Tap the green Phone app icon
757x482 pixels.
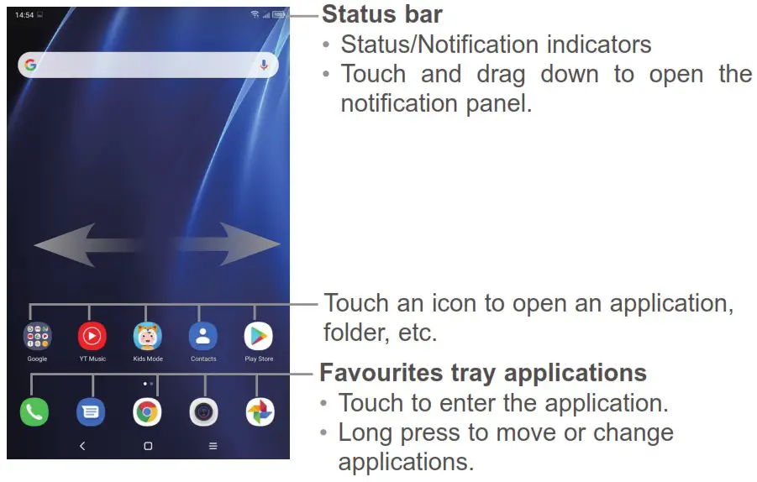pos(34,412)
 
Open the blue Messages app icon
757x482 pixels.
pos(91,412)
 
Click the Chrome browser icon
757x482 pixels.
pos(147,412)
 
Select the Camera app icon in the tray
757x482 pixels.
pos(203,412)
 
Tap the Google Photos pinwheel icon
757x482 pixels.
pos(260,412)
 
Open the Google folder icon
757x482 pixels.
pos(37,336)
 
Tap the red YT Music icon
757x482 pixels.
pos(92,336)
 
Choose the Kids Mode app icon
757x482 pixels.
pos(148,336)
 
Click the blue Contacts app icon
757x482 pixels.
pos(203,336)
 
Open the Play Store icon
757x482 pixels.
pos(259,336)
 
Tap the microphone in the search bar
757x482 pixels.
pos(264,65)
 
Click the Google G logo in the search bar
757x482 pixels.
pos(30,65)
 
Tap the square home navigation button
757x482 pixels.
pos(148,446)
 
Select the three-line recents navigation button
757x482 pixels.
pos(213,446)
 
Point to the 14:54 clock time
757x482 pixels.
pos(24,15)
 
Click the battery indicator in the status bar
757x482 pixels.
pos(279,14)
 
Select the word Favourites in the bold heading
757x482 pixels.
pos(381,373)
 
